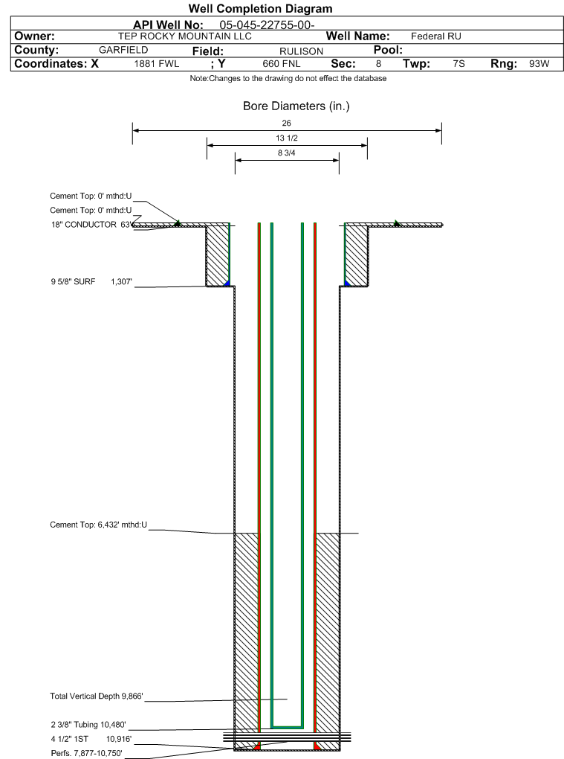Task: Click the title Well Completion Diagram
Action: pyautogui.click(x=261, y=9)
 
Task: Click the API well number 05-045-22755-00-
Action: pyautogui.click(x=267, y=25)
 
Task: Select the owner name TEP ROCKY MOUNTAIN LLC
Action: pyautogui.click(x=184, y=36)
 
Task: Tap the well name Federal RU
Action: pyautogui.click(x=436, y=36)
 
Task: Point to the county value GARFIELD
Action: pyautogui.click(x=123, y=50)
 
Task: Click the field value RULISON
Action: pyautogui.click(x=301, y=51)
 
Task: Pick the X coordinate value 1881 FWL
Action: pyautogui.click(x=157, y=64)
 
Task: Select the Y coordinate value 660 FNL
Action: pyautogui.click(x=282, y=64)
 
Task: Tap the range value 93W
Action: pyautogui.click(x=539, y=64)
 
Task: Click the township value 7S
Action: pyautogui.click(x=458, y=64)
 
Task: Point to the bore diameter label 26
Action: pyautogui.click(x=287, y=123)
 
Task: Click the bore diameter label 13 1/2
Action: pyautogui.click(x=287, y=138)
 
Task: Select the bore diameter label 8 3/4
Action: pyautogui.click(x=287, y=153)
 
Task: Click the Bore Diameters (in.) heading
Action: pyautogui.click(x=296, y=106)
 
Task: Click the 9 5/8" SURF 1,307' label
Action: pyautogui.click(x=91, y=282)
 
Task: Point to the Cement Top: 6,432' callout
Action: pyautogui.click(x=99, y=525)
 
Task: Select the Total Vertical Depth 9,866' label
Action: pyautogui.click(x=97, y=696)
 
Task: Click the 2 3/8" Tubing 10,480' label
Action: pyautogui.click(x=88, y=725)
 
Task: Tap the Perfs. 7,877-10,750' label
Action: pyautogui.click(x=86, y=753)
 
